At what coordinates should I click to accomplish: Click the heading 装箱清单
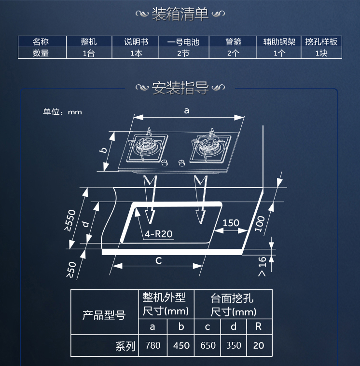(x=180, y=14)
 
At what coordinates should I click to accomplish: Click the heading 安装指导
(x=180, y=88)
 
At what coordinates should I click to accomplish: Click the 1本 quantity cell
(x=136, y=53)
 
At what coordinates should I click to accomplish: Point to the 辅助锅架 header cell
(x=279, y=42)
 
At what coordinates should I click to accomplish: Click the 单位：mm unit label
(x=63, y=112)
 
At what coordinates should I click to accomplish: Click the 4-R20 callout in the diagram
(x=159, y=235)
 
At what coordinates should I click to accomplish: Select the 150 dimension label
(x=231, y=223)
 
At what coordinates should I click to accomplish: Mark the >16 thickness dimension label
(x=262, y=266)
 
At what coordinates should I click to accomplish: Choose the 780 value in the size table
(x=152, y=346)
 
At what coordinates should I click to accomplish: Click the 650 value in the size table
(x=208, y=346)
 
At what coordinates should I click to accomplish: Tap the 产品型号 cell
(x=104, y=315)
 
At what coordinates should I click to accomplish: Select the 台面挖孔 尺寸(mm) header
(x=233, y=304)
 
